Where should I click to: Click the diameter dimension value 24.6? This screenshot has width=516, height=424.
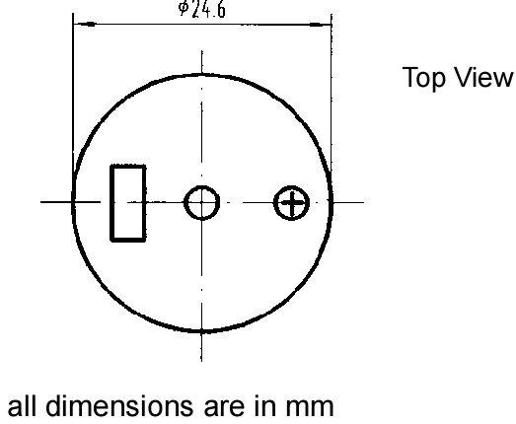point(208,9)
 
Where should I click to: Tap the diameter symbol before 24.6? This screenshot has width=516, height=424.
point(184,8)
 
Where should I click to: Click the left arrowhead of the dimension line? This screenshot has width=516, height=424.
point(84,24)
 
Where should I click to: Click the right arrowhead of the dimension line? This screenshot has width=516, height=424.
point(321,25)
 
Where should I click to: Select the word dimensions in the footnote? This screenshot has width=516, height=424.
point(119,405)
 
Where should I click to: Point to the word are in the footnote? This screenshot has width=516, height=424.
point(224,408)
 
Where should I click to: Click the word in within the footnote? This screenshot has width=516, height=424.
point(265,406)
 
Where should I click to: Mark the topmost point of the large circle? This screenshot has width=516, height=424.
point(201,75)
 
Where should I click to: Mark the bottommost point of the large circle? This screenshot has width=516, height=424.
point(201,331)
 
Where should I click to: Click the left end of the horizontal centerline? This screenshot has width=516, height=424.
point(40,202)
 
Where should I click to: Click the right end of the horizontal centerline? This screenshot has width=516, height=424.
point(364,202)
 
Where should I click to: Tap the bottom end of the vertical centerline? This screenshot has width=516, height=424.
point(201,362)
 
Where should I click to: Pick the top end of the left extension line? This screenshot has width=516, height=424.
point(73,13)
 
